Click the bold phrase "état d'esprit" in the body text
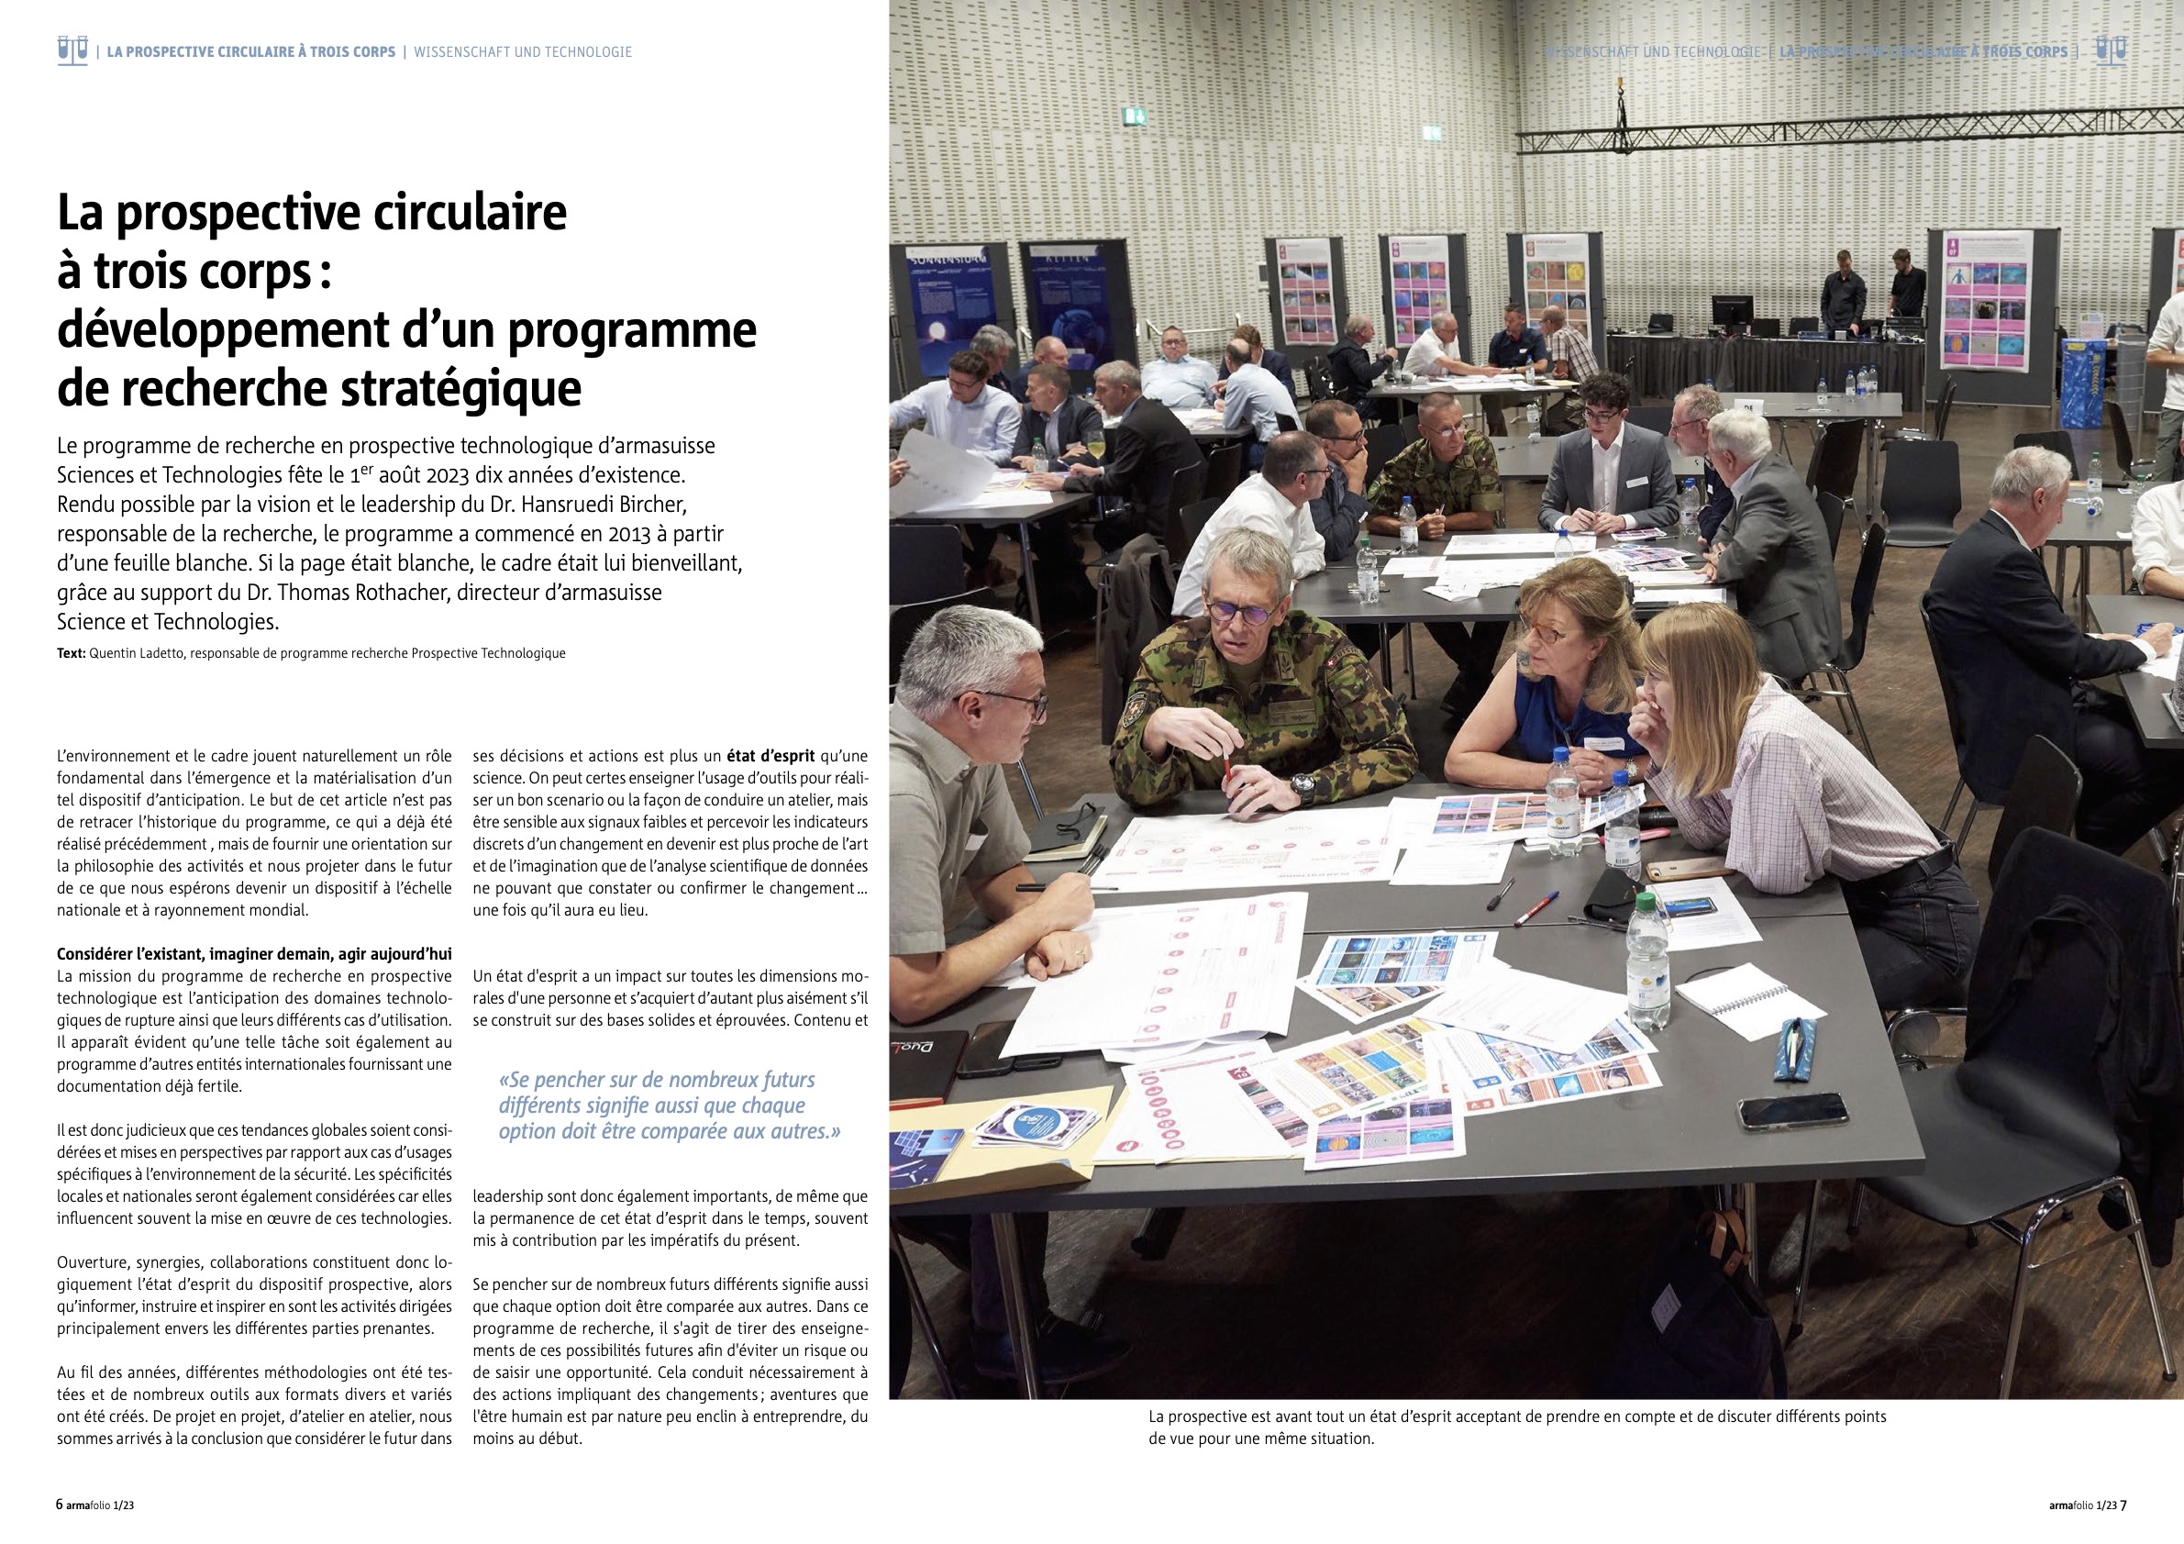tap(770, 756)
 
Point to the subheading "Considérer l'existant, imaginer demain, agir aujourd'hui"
tap(254, 954)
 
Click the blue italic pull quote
tap(670, 1105)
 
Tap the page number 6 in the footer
tap(60, 1505)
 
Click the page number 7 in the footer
tap(2123, 1505)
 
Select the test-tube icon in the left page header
tap(72, 50)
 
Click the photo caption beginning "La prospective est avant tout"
tap(1516, 1427)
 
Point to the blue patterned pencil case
tap(1795, 1046)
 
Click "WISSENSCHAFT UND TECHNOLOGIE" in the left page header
tap(522, 52)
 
